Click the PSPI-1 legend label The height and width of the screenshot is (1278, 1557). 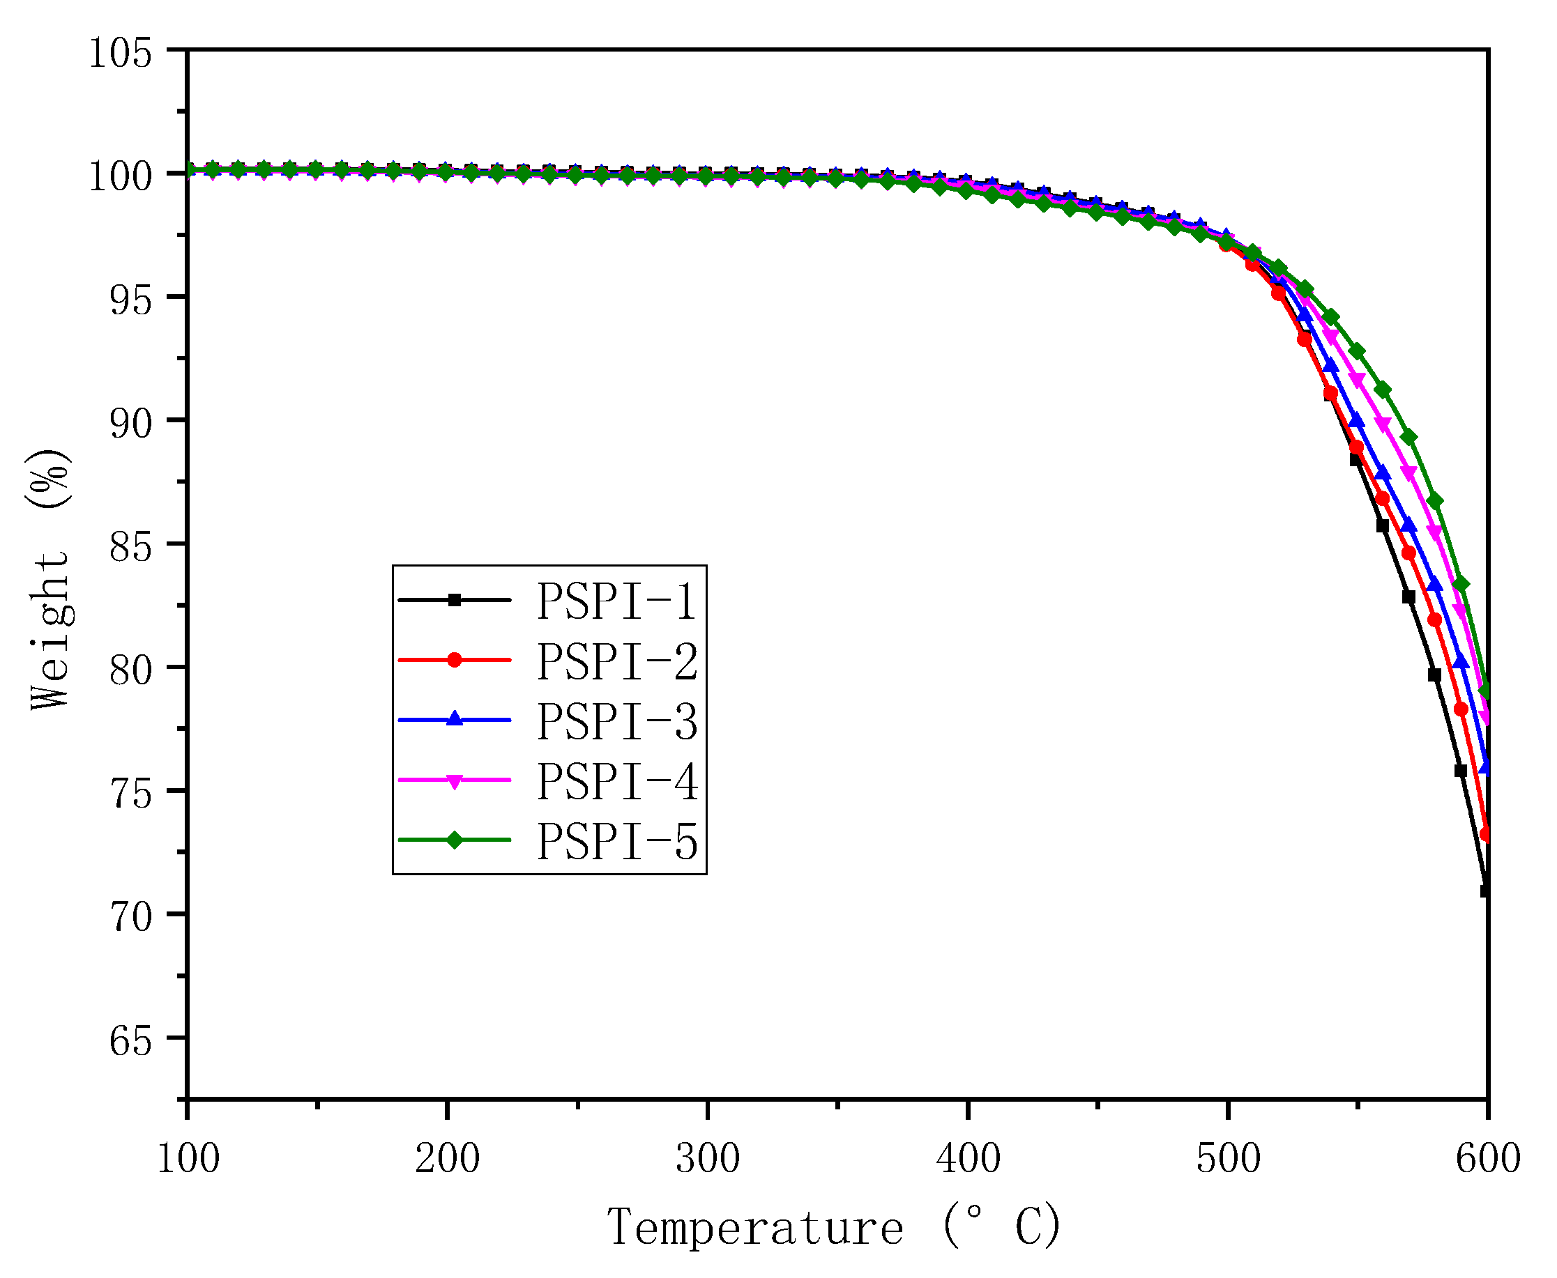pyautogui.click(x=616, y=601)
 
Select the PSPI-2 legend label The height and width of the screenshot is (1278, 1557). pyautogui.click(x=616, y=661)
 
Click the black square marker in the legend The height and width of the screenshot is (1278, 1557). pyautogui.click(x=455, y=600)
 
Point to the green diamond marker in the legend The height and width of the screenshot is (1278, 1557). pyautogui.click(x=455, y=840)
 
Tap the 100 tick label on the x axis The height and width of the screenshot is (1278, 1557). pyautogui.click(x=188, y=1158)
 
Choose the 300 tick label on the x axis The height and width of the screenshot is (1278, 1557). pyautogui.click(x=707, y=1158)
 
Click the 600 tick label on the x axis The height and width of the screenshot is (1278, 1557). pyautogui.click(x=1487, y=1158)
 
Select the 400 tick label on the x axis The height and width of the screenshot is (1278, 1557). pyautogui.click(x=968, y=1158)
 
